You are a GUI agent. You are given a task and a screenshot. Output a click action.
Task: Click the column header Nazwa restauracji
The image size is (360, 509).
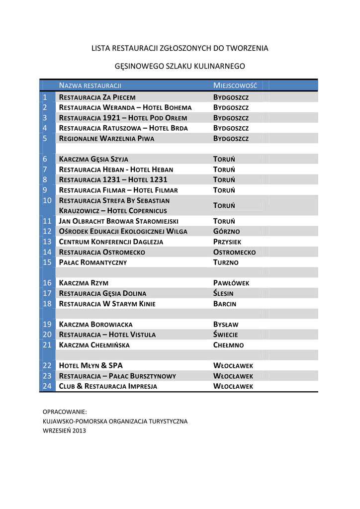(90, 85)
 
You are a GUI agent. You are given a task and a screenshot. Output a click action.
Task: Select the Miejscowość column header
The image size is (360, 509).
(235, 85)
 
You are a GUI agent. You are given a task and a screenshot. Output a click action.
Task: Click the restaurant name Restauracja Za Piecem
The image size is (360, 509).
(97, 97)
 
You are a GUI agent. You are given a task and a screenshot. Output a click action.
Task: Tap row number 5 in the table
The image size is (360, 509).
(45, 138)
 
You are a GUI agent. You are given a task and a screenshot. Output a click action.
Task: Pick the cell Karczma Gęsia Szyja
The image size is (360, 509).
(93, 159)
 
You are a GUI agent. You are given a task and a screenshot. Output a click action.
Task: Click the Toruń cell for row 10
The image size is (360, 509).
(224, 206)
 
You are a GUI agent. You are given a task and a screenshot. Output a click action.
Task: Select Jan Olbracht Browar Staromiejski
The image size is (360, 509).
(119, 221)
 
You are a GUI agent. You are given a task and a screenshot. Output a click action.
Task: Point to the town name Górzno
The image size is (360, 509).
(226, 232)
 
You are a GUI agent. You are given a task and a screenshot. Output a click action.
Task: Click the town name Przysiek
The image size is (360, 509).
(227, 242)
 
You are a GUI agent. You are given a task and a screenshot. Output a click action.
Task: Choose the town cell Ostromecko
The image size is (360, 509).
(234, 253)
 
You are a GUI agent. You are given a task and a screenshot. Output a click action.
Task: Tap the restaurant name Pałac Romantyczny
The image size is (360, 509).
(93, 262)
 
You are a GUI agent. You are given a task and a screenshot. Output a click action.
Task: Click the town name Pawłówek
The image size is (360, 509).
(231, 283)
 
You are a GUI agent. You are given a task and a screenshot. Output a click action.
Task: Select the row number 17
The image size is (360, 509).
(47, 293)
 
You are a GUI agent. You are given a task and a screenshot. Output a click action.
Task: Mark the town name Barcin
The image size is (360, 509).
(225, 304)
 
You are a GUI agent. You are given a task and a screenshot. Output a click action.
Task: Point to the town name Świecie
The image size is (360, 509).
(226, 335)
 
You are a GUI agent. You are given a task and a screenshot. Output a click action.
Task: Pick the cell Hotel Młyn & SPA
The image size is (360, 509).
(91, 366)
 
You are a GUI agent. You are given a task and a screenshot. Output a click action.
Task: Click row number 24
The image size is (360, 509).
(47, 386)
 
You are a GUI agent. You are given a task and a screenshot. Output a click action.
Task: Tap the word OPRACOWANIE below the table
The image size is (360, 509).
(65, 412)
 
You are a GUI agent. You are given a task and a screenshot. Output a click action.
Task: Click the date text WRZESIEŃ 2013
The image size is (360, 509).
(64, 431)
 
